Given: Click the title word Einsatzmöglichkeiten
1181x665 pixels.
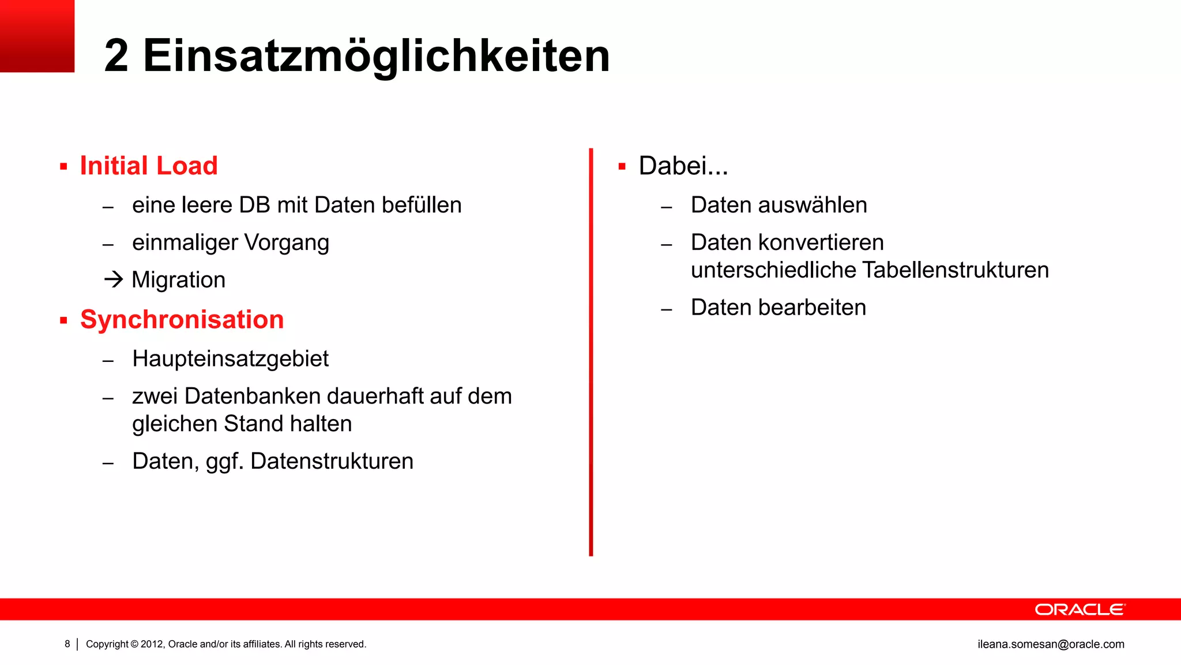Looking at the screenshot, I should (376, 56).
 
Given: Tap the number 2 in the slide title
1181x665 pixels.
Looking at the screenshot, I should (116, 56).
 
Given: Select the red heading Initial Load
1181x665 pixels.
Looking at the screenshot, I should (149, 166).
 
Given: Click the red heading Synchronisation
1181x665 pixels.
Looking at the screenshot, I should (182, 320).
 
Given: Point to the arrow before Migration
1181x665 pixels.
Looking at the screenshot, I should (114, 280).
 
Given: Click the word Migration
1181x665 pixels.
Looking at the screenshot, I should (179, 281).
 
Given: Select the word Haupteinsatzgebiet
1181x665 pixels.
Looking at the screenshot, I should (230, 359).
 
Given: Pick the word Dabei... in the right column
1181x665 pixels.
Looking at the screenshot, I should (683, 166).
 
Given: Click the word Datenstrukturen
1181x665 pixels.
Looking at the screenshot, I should (332, 462).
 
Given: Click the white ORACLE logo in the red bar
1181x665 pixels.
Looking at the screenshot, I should (1080, 610).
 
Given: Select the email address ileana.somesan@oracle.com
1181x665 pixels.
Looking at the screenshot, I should (1051, 644).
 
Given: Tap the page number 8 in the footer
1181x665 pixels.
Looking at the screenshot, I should (67, 644).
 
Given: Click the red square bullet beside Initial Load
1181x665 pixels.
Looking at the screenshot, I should (63, 167).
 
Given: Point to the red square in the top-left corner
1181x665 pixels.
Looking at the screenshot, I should (37, 36).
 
